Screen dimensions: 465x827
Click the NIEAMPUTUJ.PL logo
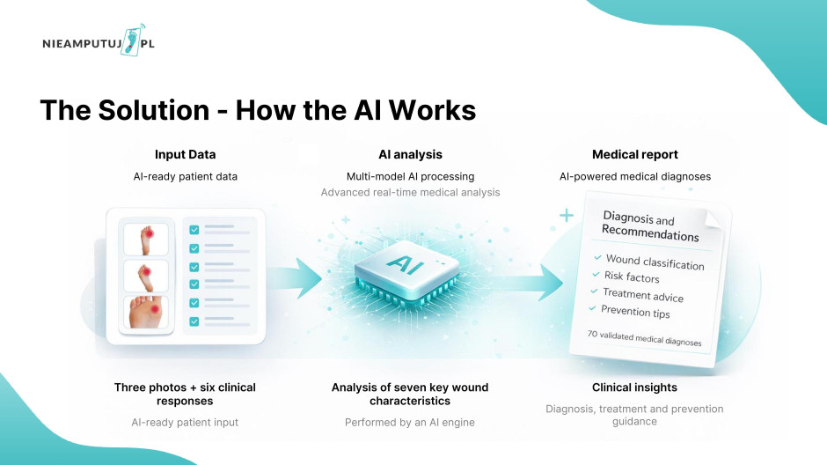[98, 43]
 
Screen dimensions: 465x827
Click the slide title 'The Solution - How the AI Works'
[258, 110]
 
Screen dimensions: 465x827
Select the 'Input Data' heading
[185, 155]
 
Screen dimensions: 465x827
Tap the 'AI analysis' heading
[410, 155]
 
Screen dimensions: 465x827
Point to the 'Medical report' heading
[635, 155]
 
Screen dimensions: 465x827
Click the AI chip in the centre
[410, 264]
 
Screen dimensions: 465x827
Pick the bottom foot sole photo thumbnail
[146, 313]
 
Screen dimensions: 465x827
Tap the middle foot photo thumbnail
[146, 275]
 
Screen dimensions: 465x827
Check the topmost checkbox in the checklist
[194, 230]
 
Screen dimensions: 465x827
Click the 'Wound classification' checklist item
[655, 262]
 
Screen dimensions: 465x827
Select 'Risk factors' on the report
[631, 277]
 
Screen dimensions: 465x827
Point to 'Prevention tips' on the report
[635, 312]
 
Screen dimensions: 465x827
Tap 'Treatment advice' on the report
[642, 295]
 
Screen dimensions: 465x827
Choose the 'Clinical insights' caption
[634, 387]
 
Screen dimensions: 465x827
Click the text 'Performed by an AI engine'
[410, 422]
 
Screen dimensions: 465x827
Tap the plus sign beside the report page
[567, 215]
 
